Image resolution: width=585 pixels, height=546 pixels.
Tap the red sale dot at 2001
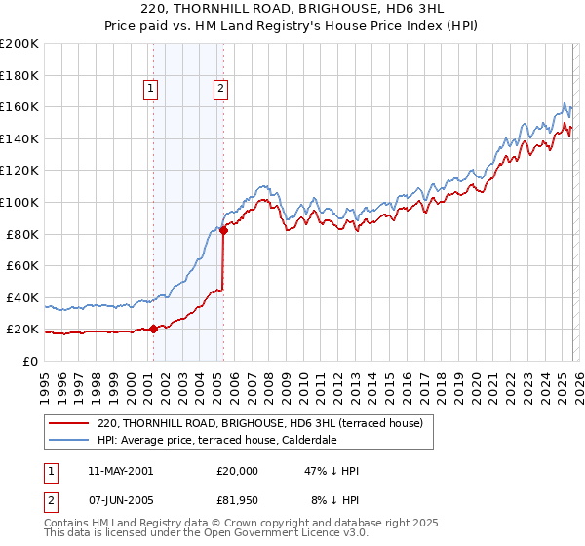pos(153,329)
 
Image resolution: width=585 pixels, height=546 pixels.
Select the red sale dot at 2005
pos(223,230)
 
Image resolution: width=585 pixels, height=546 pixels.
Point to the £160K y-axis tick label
pos(19,106)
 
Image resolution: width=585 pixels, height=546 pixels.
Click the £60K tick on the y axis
pos(21,265)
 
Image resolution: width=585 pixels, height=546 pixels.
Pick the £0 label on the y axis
pos(30,361)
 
